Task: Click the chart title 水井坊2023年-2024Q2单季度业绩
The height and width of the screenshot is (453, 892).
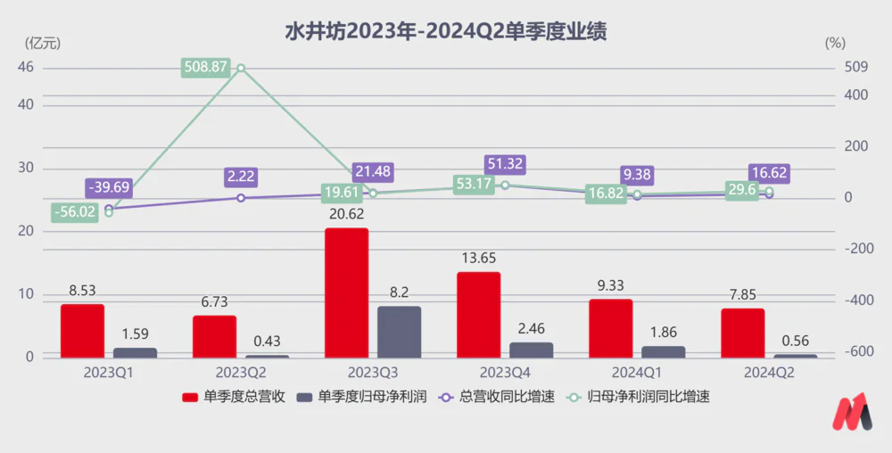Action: click(x=445, y=31)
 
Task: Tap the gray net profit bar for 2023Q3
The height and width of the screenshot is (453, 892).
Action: click(x=399, y=332)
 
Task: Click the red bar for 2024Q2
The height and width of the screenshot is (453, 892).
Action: click(x=742, y=333)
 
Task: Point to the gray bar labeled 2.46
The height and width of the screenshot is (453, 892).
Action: click(x=531, y=350)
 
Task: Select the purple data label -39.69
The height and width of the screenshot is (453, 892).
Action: click(x=109, y=188)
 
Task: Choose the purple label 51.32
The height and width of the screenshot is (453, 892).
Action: click(x=505, y=164)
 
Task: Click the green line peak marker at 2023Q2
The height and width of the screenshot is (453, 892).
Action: click(x=240, y=68)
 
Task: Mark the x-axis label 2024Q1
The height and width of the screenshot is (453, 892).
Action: click(x=638, y=372)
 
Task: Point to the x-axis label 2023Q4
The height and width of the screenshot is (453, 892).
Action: click(x=505, y=372)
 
